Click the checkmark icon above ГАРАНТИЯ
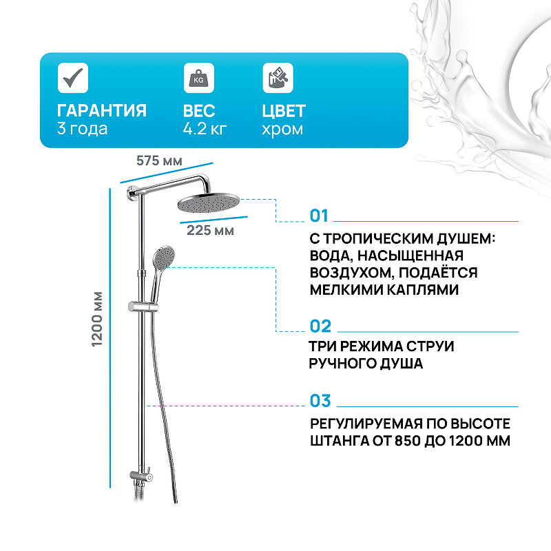(72, 77)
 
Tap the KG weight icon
(198, 77)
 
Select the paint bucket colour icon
(278, 77)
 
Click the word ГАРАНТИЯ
(102, 111)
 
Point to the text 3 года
(83, 129)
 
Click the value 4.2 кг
(205, 129)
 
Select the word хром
(282, 129)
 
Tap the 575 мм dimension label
(159, 161)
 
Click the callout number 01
(320, 216)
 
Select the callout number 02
(320, 326)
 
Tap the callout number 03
(320, 401)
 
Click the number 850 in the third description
(417, 441)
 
